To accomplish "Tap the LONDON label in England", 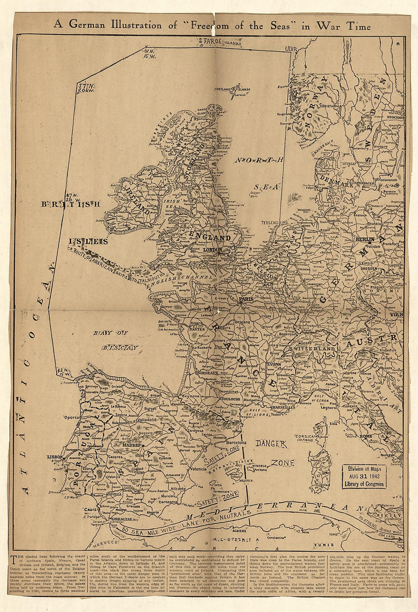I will pos(212,250).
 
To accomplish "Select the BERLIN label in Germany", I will pos(366,239).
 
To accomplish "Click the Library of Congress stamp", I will pos(364,477).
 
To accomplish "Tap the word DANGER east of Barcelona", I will pos(270,443).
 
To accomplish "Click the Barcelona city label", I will pos(236,443).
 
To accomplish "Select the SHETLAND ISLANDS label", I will pos(232,90).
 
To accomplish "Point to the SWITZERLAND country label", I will pos(312,349).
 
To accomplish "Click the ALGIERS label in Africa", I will pos(239,531).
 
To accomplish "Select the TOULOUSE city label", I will pos(231,400).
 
